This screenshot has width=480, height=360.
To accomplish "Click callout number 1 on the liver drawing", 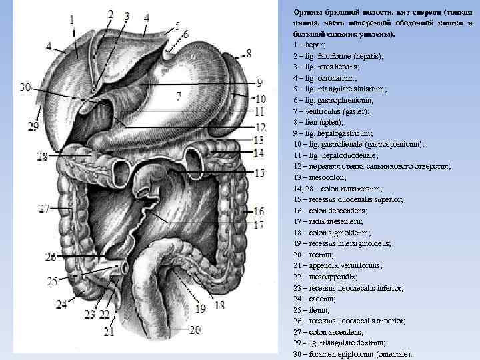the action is click(x=71, y=21).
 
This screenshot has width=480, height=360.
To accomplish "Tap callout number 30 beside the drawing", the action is click(x=25, y=87).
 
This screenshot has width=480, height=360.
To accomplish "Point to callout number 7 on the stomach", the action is click(x=178, y=96).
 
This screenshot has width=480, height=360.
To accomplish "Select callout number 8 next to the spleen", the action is click(x=248, y=53).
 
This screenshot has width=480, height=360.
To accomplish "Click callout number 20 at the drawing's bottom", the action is click(x=195, y=329).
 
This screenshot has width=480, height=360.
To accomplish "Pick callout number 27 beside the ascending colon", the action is click(x=45, y=209).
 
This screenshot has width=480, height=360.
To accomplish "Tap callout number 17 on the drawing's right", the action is click(x=259, y=225).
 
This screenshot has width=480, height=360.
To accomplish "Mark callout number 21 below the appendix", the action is click(x=109, y=331).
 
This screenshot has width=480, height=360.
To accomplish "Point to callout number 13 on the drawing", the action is click(x=259, y=140).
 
